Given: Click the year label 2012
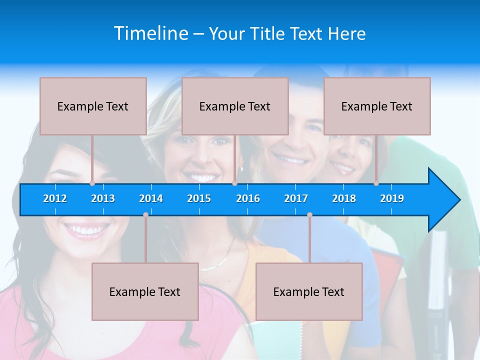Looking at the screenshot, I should click(55, 198).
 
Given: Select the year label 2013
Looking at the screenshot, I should click(103, 198).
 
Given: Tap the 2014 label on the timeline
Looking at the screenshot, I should click(151, 198).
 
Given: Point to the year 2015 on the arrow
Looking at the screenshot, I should click(199, 198).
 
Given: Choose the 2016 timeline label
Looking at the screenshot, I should click(248, 198).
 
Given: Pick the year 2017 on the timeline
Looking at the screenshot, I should click(296, 198).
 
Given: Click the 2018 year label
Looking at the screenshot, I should click(344, 198).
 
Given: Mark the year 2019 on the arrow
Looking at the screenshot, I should click(392, 198).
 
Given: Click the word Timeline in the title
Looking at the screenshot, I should click(150, 33).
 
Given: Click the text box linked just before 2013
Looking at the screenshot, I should click(93, 106).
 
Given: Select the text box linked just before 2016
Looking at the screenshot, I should click(235, 106).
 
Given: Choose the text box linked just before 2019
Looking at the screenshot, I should click(377, 106).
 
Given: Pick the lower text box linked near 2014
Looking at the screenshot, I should click(145, 291).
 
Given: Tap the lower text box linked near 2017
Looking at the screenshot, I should click(309, 291).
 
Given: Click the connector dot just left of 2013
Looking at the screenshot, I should click(92, 183).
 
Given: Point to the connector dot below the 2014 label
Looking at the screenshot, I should click(145, 215).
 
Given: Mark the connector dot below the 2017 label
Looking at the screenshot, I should click(309, 215).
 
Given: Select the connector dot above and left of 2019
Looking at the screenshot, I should click(376, 183).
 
